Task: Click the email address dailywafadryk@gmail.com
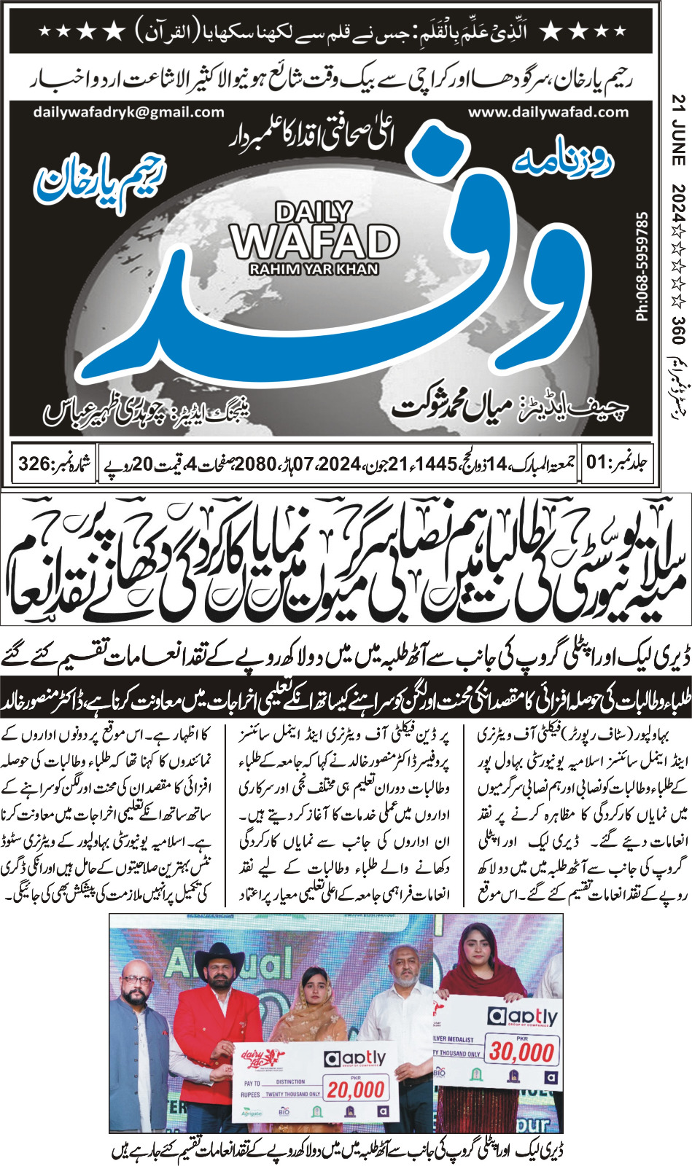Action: point(128,112)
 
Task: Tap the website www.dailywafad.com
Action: point(548,112)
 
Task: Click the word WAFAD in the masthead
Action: point(315,241)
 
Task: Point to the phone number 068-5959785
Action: point(642,267)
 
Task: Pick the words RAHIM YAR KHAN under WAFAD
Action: point(314,270)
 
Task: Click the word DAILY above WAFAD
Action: point(314,213)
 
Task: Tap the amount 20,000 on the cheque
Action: point(355,1090)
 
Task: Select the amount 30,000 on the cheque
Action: point(521,1052)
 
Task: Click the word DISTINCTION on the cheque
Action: point(290,1081)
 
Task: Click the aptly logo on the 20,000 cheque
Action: point(355,1059)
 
